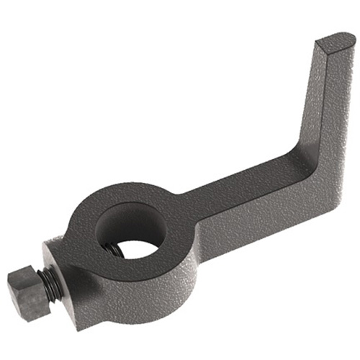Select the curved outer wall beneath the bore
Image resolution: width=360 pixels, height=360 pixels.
(x=144, y=288)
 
